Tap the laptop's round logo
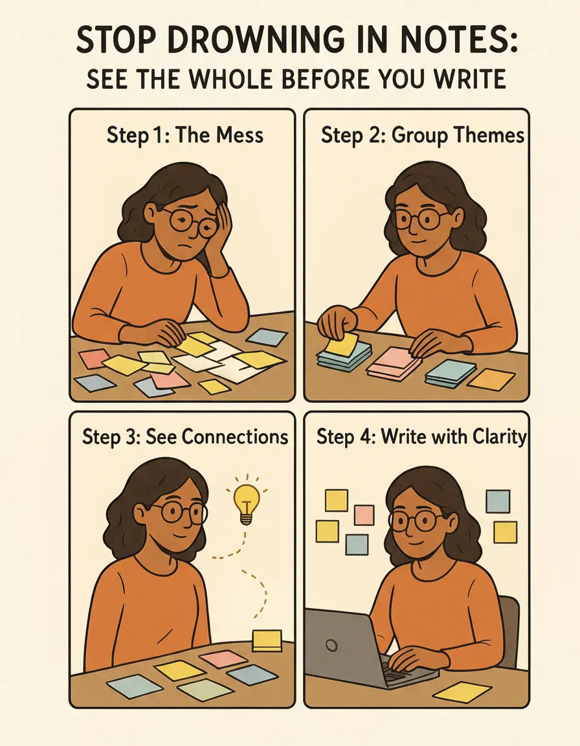point(332,645)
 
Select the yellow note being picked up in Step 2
point(342,343)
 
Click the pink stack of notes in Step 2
point(394,363)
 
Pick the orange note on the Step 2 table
point(491,379)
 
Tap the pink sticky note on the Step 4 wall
point(364,515)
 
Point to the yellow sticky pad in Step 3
point(267,640)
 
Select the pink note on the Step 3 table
point(223,659)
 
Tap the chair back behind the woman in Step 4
point(511,628)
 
